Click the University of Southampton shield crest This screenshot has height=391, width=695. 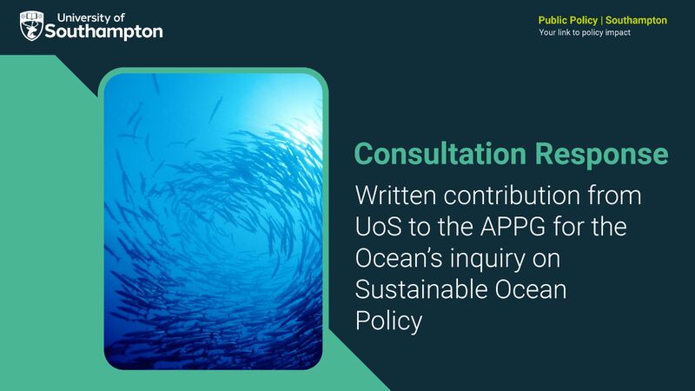pyautogui.click(x=32, y=25)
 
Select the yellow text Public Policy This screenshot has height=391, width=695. pyautogui.click(x=568, y=20)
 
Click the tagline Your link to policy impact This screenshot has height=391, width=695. pyautogui.click(x=585, y=33)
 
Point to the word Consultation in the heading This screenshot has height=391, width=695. pyautogui.click(x=438, y=154)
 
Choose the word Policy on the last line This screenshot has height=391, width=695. pyautogui.click(x=388, y=321)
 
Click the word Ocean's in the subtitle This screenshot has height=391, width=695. pyautogui.click(x=401, y=258)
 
